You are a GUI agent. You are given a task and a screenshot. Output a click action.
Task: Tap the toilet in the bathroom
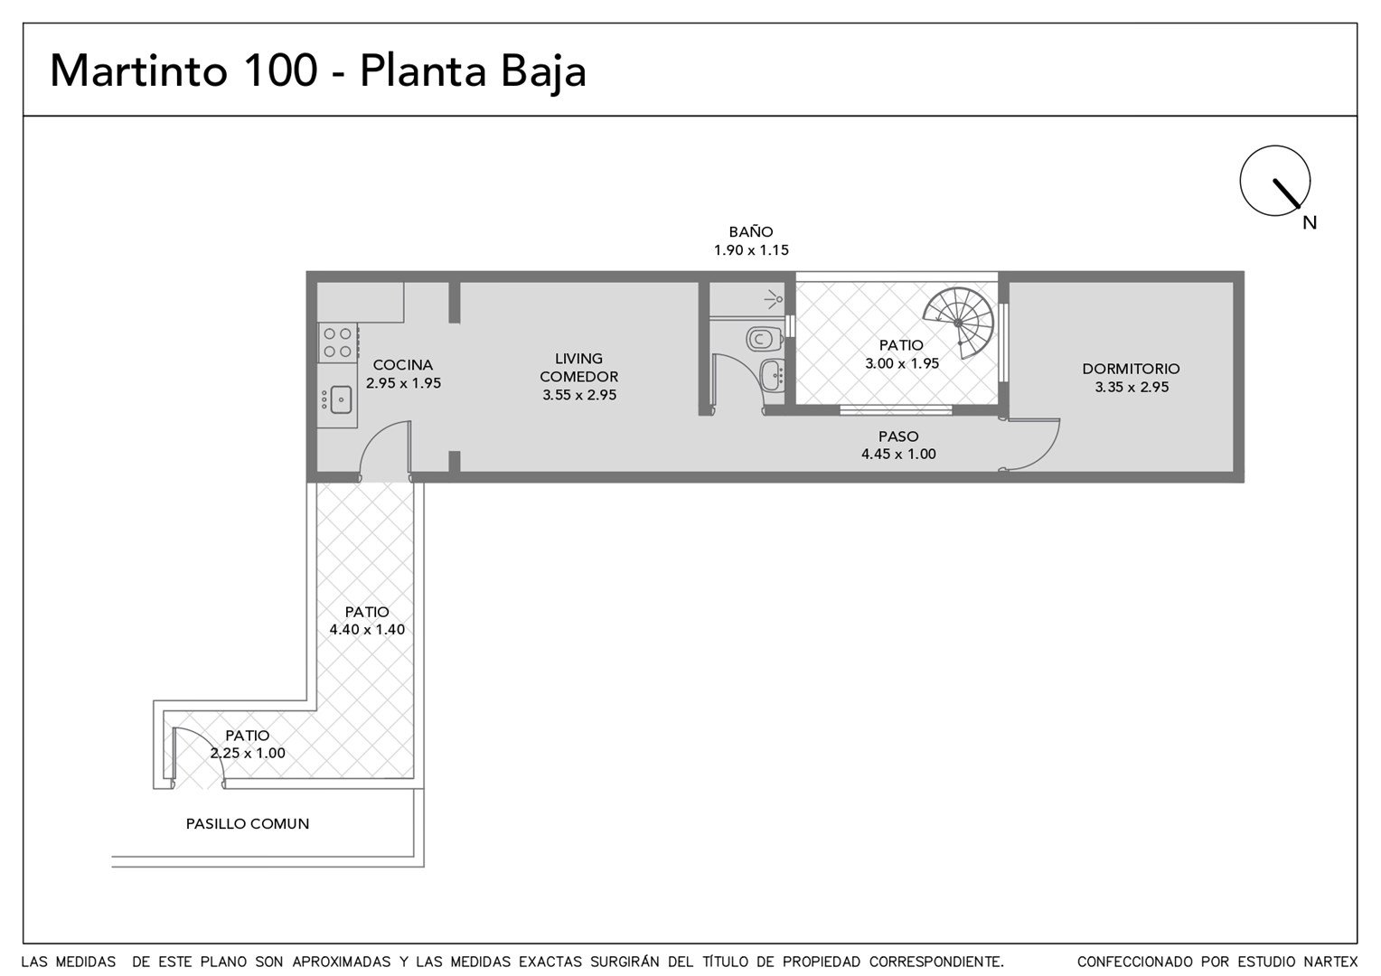[764, 339]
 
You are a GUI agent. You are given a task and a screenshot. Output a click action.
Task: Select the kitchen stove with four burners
[338, 343]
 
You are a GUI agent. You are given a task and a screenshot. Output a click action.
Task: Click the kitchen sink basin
[341, 399]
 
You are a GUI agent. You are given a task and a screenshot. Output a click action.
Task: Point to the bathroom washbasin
[773, 374]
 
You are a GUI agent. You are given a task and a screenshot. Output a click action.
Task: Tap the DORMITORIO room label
[1131, 369]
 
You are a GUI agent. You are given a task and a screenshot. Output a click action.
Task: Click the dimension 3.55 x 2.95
[579, 395]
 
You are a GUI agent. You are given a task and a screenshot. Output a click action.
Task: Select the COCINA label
[402, 365]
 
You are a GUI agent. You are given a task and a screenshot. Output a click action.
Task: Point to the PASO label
[898, 436]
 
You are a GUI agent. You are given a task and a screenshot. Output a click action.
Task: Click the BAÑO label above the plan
[751, 232]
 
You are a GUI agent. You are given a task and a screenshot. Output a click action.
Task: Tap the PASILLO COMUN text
[248, 823]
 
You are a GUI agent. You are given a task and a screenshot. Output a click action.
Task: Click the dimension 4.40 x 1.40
[367, 630]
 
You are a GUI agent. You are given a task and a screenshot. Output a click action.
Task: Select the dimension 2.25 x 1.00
[248, 753]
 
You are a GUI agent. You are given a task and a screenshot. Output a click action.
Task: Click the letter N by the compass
[1310, 223]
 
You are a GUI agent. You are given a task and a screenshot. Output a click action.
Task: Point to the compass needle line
[1286, 193]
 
